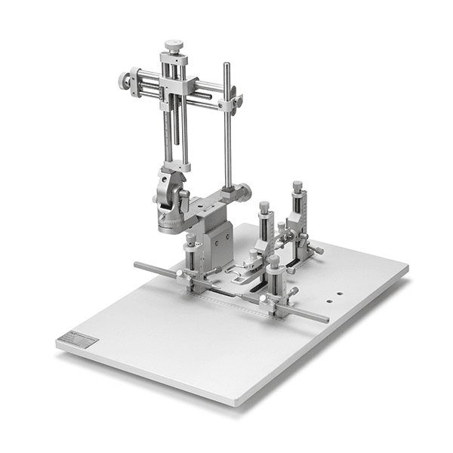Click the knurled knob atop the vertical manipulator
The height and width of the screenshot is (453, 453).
tap(174, 46)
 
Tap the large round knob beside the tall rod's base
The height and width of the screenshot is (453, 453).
tap(245, 192)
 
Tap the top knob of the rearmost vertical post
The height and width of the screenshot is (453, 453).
tap(297, 186)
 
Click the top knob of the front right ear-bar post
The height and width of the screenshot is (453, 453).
tap(274, 261)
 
